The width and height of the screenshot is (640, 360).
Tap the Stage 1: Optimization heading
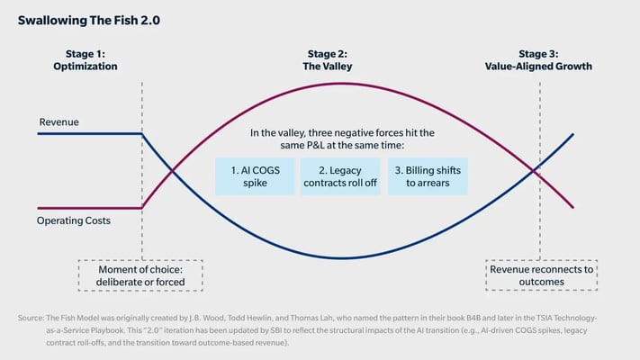[90, 60]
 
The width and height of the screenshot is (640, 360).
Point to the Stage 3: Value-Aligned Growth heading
[539, 60]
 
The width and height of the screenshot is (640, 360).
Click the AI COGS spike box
[255, 175]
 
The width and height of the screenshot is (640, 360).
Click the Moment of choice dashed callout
[140, 274]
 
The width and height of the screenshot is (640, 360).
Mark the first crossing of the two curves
[171, 170]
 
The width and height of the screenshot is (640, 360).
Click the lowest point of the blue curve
[342, 258]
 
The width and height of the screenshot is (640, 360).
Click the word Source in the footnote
[32, 318]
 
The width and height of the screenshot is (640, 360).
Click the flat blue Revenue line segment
[90, 133]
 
